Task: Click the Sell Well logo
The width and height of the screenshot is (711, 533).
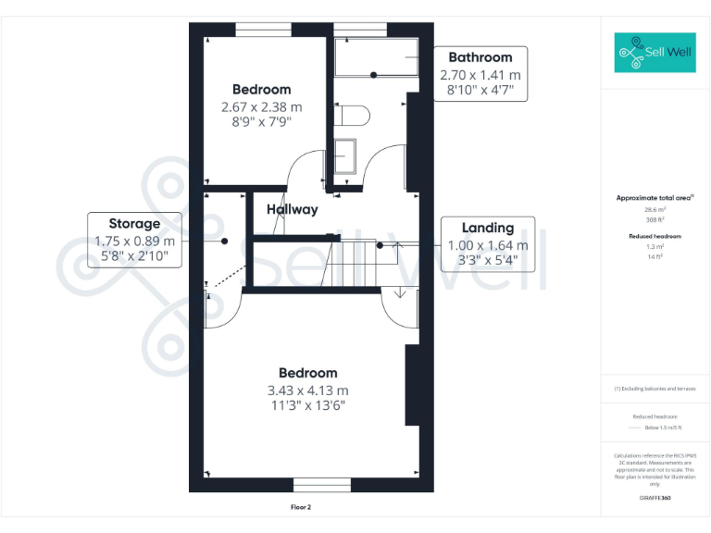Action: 655,53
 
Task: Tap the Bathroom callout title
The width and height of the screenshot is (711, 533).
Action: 480,57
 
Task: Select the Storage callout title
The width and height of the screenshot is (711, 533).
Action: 134,223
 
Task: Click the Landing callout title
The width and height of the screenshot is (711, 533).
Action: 488,228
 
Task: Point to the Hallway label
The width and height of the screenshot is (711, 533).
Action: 293,209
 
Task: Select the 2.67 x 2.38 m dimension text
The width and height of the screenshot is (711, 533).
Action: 261,106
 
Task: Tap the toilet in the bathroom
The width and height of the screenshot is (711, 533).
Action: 353,115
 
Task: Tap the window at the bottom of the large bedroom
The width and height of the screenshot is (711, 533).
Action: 322,485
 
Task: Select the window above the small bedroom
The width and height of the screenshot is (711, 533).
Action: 264,29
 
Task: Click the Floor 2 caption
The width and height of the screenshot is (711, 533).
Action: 302,507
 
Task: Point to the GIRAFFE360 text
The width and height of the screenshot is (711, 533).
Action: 655,498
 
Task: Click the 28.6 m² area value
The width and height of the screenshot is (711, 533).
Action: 655,210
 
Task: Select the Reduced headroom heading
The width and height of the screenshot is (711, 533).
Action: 655,237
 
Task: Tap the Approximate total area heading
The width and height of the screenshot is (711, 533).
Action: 655,198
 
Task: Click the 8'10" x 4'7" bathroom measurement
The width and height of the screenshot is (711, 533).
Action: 480,91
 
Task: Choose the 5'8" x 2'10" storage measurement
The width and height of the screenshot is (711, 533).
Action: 134,257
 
